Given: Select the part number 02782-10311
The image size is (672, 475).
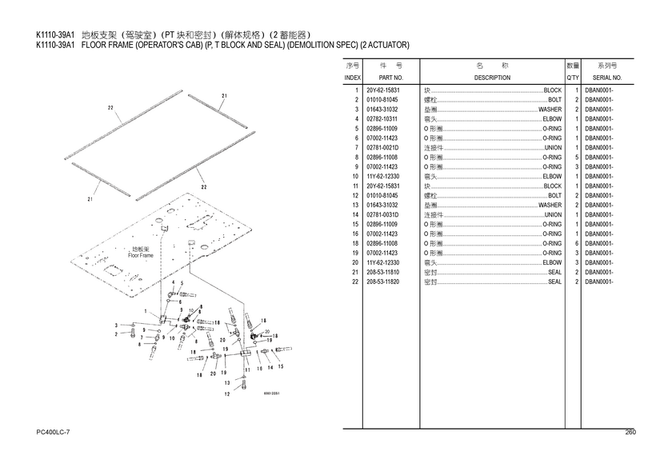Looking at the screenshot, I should [x=382, y=119].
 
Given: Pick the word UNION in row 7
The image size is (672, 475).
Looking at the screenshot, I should [x=553, y=148].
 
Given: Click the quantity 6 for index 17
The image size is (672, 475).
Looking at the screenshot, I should [x=576, y=244].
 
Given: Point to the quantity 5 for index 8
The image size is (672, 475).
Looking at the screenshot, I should [x=576, y=158].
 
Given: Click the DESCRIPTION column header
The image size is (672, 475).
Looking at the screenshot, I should [x=491, y=78].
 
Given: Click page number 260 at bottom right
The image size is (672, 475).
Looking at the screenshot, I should [x=630, y=433].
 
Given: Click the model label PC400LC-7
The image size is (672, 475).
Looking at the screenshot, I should [x=54, y=433].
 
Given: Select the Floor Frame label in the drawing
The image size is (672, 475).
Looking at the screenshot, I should [x=140, y=255].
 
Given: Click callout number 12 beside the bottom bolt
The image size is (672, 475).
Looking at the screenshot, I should [x=227, y=394].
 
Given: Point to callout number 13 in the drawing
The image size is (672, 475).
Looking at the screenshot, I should [x=227, y=383].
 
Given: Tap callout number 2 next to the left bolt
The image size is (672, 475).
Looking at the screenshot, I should [x=117, y=334].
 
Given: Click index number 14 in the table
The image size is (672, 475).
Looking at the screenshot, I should [x=355, y=215].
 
